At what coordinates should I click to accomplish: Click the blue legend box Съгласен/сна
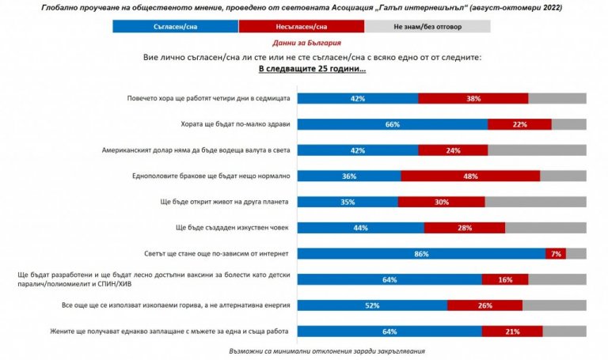pos(175,26)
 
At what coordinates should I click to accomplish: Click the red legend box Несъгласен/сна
pos(302,26)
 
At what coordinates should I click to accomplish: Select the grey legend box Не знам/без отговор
pos(427,26)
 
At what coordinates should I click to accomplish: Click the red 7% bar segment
pos(557,253)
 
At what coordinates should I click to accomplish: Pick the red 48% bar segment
pos(470,176)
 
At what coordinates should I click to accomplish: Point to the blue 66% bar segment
pos(392,124)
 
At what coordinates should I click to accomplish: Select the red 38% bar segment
pos(473,98)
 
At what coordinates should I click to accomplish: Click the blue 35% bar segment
pos(348,202)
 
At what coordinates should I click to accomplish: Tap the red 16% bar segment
pos(503,279)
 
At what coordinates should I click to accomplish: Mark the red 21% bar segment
pos(514,331)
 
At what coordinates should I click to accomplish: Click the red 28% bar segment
pos(464,228)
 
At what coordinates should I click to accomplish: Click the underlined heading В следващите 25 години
pos(312,69)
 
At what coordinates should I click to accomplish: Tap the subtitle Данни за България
pos(303,44)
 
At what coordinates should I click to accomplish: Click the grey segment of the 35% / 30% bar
pos(535,202)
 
